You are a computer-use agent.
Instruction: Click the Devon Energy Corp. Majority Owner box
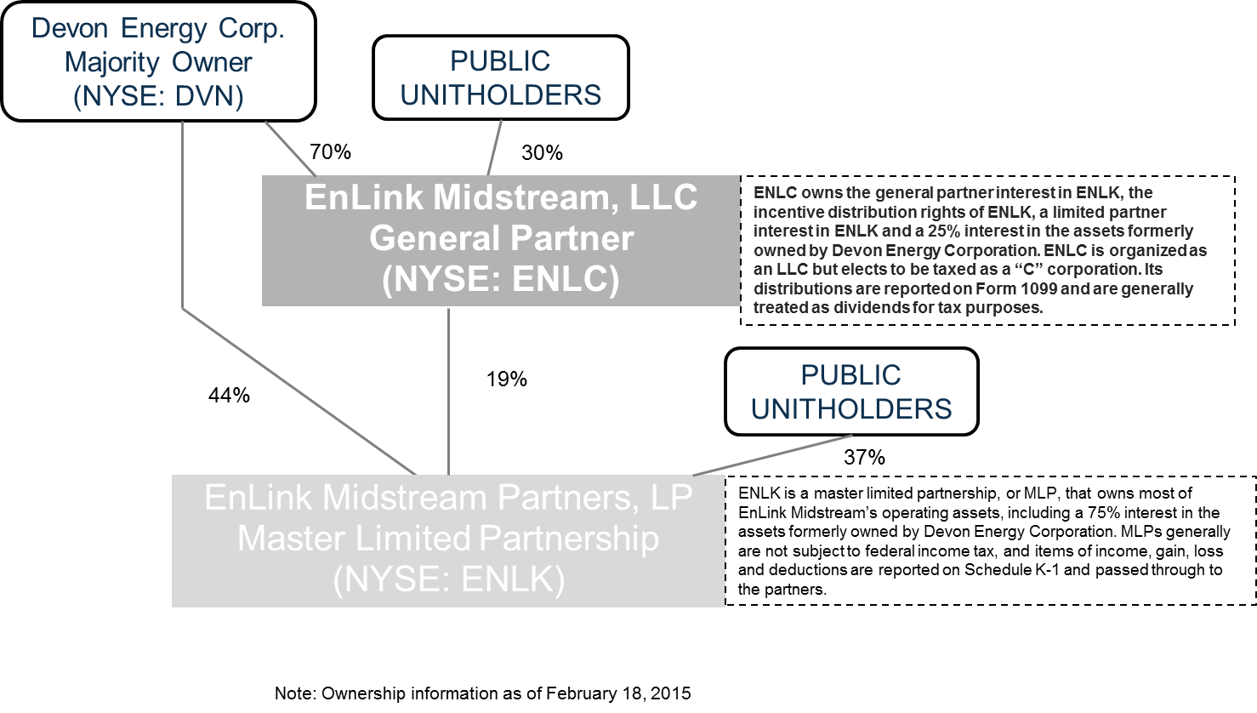[x=158, y=61]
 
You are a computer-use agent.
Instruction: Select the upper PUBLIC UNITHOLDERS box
[x=500, y=77]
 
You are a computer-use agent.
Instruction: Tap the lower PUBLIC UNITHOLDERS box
[x=850, y=391]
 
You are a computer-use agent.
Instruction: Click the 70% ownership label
[x=330, y=152]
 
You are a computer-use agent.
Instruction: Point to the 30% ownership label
[x=542, y=153]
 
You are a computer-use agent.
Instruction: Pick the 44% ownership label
[x=229, y=396]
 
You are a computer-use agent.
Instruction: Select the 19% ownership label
[x=507, y=379]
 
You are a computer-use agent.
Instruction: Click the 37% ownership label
[x=864, y=458]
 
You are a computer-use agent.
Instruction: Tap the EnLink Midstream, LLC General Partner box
[x=500, y=240]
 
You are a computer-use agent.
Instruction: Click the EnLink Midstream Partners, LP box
[x=448, y=540]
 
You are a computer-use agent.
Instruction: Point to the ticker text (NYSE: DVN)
[x=158, y=96]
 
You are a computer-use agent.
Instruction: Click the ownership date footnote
[x=482, y=693]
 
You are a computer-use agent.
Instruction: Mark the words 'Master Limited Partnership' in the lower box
[x=448, y=539]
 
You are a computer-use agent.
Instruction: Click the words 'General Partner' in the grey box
[x=500, y=239]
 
